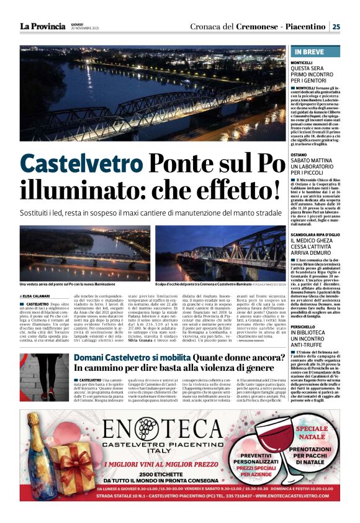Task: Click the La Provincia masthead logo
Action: click(42, 26)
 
